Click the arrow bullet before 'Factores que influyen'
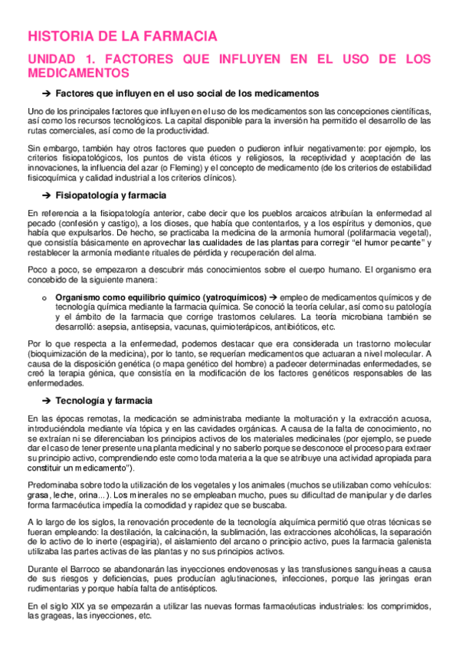45,94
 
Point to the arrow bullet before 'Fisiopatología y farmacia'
45,195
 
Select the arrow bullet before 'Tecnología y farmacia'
45,401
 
